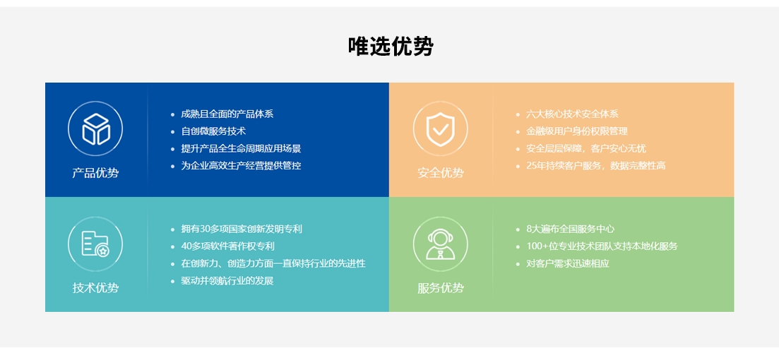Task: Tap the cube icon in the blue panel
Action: coord(95,129)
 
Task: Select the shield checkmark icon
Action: coord(440,129)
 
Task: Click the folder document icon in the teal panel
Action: coord(95,244)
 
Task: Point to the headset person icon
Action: coord(440,244)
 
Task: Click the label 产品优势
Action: coord(95,174)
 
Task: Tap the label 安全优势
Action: coord(440,174)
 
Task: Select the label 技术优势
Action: coord(95,288)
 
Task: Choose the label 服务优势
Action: coord(440,288)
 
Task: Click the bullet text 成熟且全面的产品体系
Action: coord(227,114)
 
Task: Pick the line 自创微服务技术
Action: coord(213,131)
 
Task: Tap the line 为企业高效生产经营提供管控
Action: coord(241,166)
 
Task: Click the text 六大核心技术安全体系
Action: coord(572,114)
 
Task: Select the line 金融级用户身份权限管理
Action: coord(577,131)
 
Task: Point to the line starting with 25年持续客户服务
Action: coord(595,166)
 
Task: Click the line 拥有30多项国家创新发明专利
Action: coord(242,229)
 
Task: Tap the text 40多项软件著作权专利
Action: coord(227,246)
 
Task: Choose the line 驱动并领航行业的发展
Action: coord(227,281)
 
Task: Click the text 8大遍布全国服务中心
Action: coord(571,229)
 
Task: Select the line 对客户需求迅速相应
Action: coord(568,264)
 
